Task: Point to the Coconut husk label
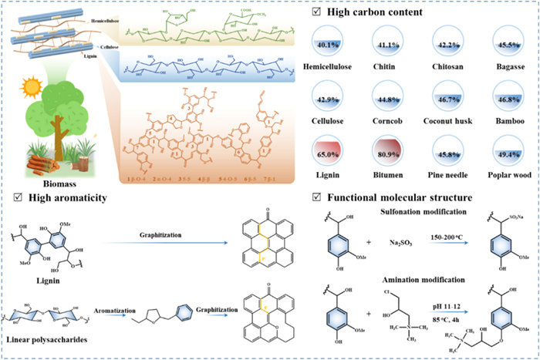(454, 119)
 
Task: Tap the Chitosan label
(454, 67)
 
